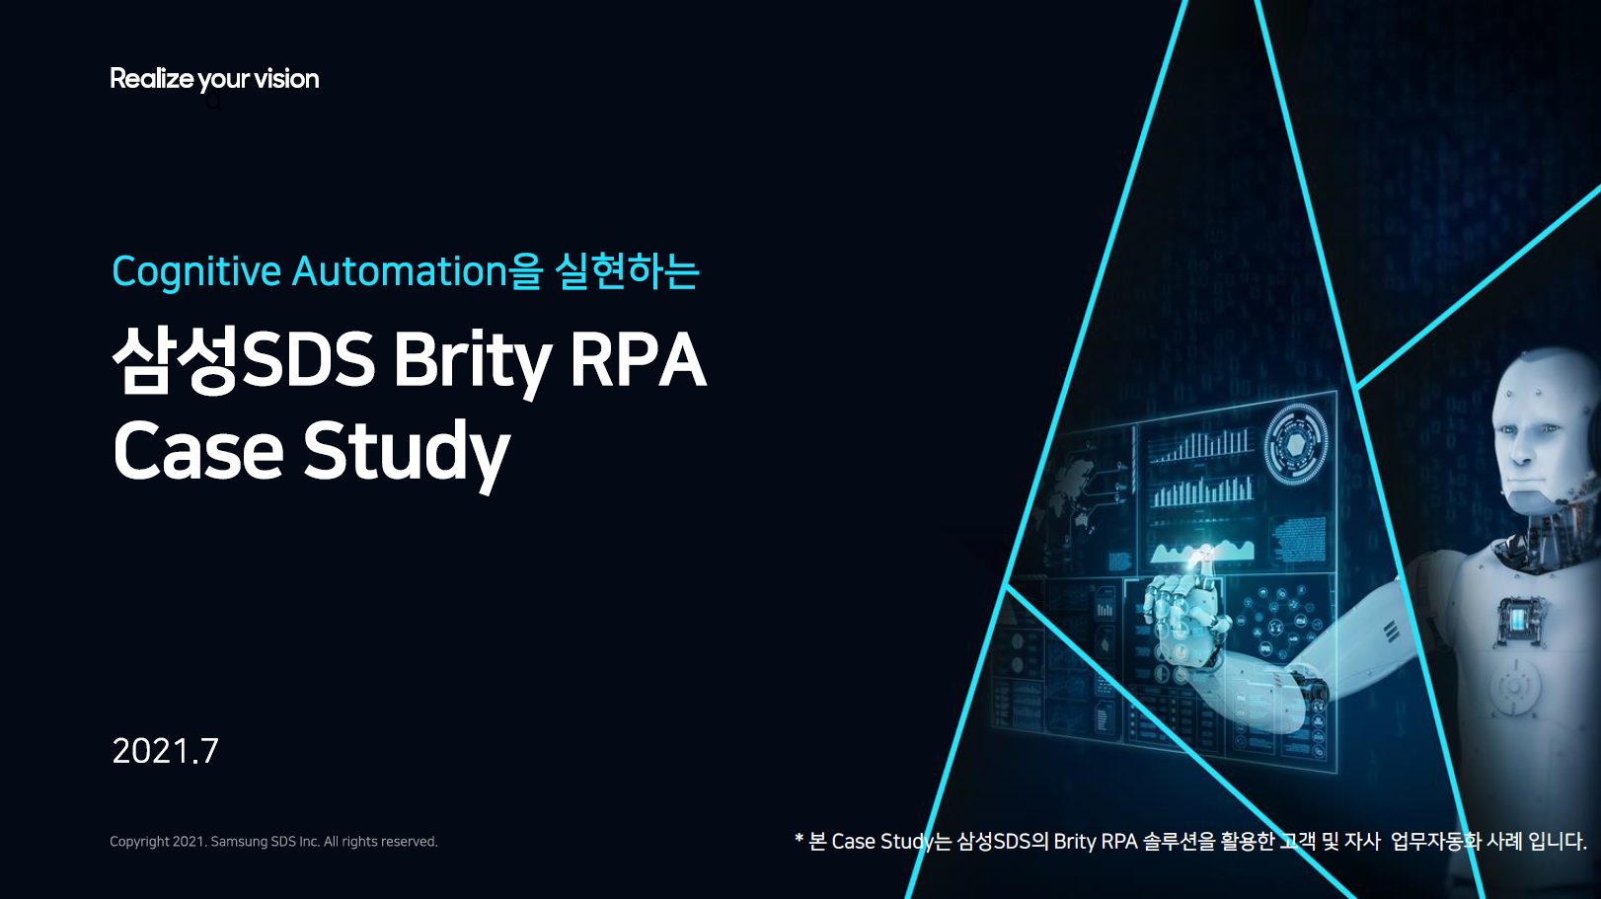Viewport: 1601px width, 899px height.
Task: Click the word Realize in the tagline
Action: click(x=151, y=79)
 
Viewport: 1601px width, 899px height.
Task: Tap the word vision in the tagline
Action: click(x=286, y=79)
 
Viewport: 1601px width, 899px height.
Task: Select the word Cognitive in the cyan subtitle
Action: click(x=196, y=272)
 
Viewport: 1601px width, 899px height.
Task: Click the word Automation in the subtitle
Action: click(x=400, y=271)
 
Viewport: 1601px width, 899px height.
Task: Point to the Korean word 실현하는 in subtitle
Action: click(x=627, y=271)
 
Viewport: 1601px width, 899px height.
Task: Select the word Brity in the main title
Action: click(x=472, y=361)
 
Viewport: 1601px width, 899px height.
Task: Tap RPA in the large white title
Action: click(x=638, y=359)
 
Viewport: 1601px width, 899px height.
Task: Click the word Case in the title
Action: click(x=198, y=451)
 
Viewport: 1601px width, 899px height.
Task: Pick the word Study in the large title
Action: click(x=406, y=453)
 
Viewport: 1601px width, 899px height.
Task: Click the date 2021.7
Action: click(x=165, y=751)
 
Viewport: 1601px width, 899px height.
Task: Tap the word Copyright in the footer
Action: click(x=139, y=842)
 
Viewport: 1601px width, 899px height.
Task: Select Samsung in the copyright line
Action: click(x=239, y=842)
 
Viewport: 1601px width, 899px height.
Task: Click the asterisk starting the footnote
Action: click(x=799, y=840)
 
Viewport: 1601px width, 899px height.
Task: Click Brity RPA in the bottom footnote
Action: click(x=1096, y=842)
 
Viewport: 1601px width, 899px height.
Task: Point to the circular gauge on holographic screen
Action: click(x=1296, y=445)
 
